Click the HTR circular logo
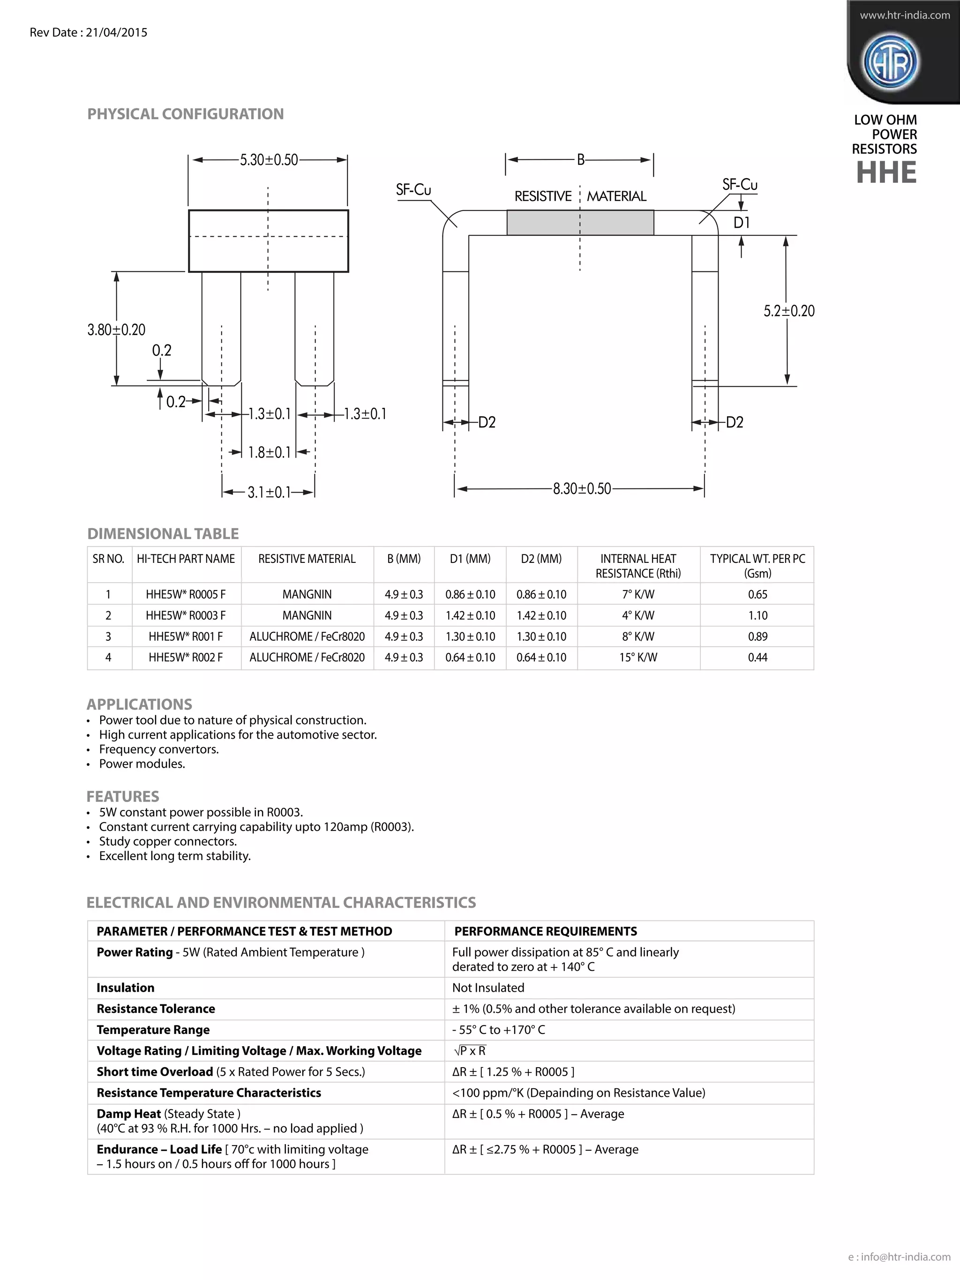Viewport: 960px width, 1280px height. click(891, 62)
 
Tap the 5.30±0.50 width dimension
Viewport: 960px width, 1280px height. click(269, 160)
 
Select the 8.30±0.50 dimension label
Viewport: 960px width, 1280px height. click(582, 489)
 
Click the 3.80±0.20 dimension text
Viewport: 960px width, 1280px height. click(116, 330)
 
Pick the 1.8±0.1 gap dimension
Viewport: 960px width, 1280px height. click(269, 452)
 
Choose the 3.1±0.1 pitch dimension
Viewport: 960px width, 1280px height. click(269, 493)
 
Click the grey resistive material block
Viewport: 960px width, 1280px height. click(580, 223)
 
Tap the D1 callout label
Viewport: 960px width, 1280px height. click(741, 223)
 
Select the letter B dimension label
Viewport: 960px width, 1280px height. click(581, 160)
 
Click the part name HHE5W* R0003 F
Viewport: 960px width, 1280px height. click(186, 615)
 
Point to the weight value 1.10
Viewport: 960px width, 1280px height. click(757, 615)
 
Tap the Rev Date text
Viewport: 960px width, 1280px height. click(89, 32)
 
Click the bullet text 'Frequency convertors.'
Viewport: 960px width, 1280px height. click(158, 749)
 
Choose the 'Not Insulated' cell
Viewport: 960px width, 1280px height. click(488, 988)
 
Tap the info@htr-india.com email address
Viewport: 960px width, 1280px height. click(905, 1256)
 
